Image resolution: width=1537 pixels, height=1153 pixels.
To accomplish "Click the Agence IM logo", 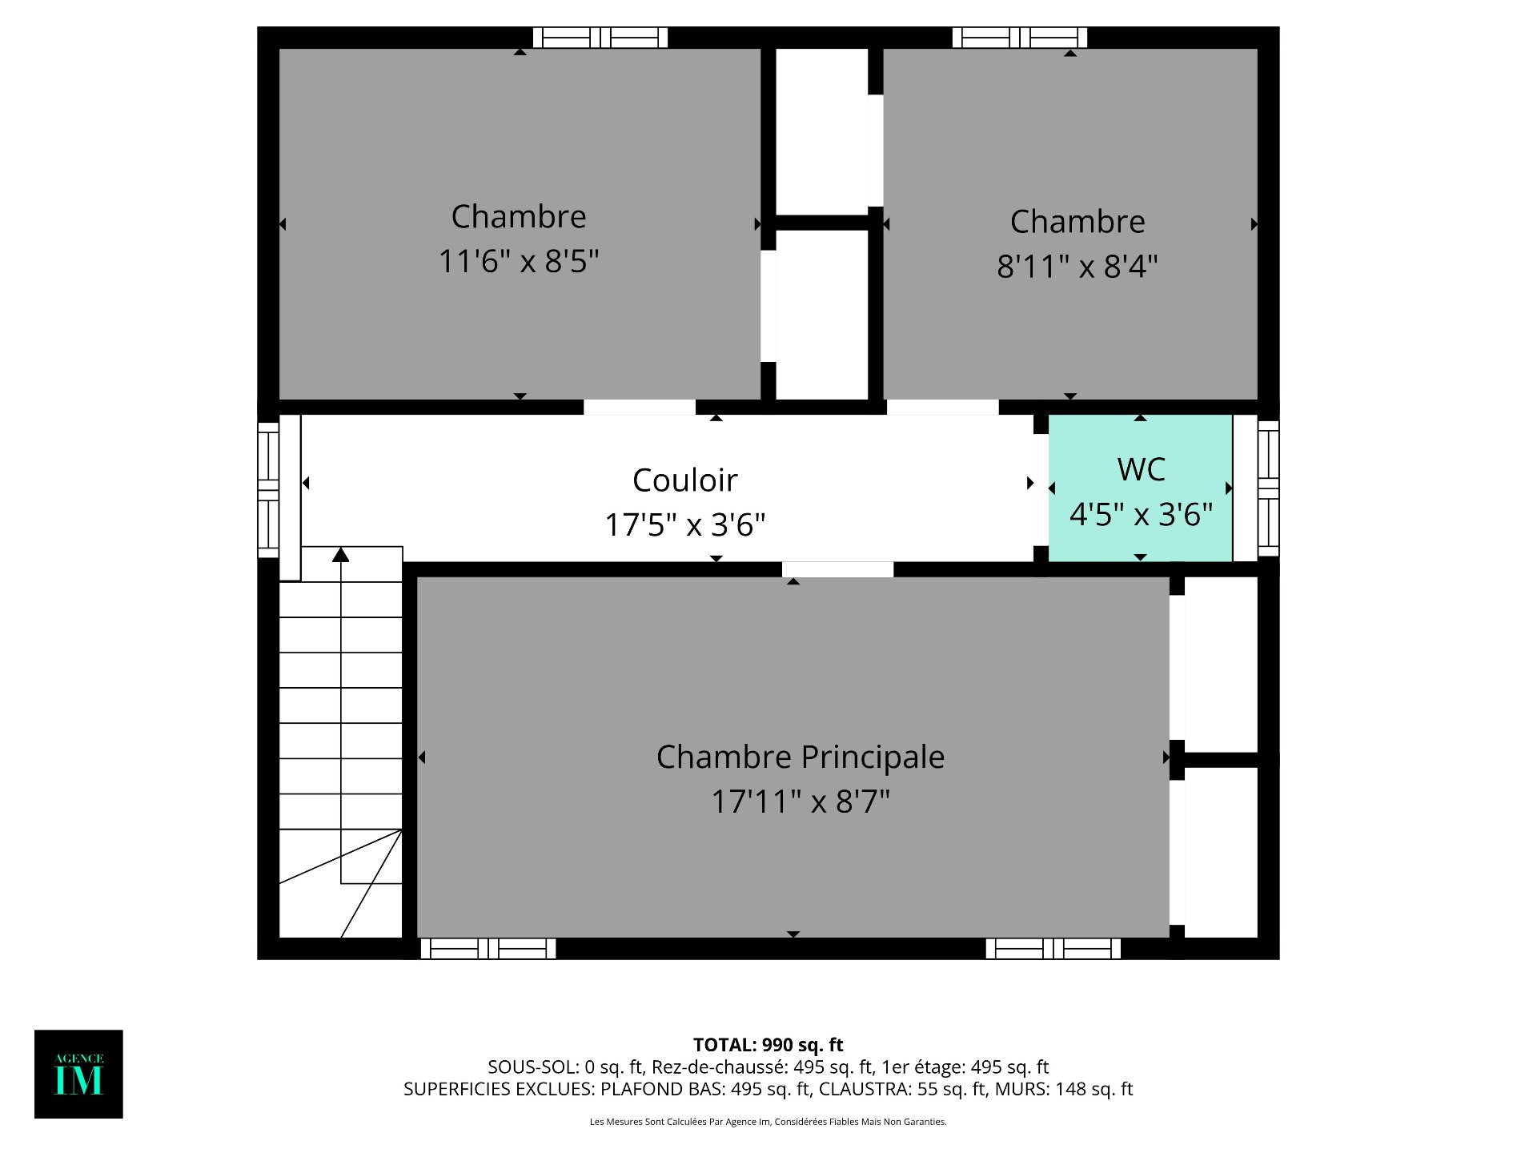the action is (x=78, y=1074).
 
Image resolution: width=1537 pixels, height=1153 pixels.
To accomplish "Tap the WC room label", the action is (x=1141, y=469).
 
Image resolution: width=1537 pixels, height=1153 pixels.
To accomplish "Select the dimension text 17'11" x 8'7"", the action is (x=801, y=801).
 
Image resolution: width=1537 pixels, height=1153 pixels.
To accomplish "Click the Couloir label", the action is (x=685, y=480).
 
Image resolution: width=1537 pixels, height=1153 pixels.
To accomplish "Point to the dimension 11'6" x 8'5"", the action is (x=519, y=261).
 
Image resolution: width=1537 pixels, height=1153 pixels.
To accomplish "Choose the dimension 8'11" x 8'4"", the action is (x=1078, y=266).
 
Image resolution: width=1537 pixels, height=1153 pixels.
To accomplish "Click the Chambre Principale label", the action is (x=801, y=757).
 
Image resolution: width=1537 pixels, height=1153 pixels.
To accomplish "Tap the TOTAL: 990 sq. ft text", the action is (x=768, y=1045).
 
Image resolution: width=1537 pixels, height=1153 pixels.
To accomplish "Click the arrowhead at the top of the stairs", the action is (x=341, y=554).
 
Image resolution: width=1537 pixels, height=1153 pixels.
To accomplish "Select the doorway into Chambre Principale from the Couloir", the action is (x=837, y=569).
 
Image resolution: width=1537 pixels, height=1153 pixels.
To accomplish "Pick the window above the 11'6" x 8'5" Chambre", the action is (x=600, y=38).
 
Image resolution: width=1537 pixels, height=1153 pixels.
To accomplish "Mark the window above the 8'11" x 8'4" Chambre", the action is (x=1020, y=38).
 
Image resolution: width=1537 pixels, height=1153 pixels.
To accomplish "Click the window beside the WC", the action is (x=1268, y=488).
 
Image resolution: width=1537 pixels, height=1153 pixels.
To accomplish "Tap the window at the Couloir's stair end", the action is (x=268, y=488).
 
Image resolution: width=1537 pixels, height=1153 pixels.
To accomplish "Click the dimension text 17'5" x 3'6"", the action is (x=685, y=525).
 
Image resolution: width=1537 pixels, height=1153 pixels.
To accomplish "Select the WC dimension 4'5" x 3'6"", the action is (x=1142, y=515).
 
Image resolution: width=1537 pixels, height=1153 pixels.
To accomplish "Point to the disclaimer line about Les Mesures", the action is (x=768, y=1122).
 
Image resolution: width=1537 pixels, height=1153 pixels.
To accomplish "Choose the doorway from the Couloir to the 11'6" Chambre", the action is (x=640, y=408).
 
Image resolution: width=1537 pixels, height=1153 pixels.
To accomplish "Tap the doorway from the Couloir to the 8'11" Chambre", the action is (x=943, y=408).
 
